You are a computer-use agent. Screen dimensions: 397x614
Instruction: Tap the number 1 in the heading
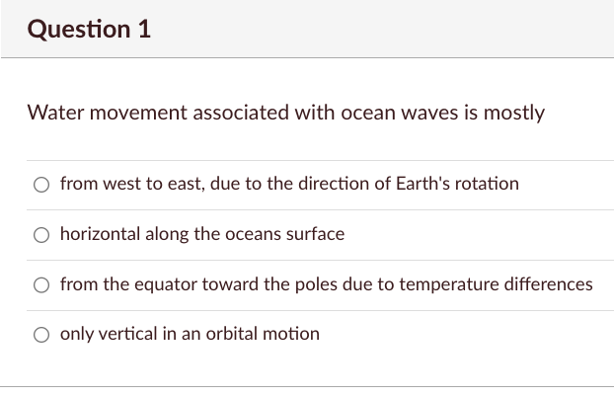144,30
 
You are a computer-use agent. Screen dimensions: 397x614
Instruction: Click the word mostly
512,113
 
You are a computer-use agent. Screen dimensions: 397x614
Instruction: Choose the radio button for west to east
41,185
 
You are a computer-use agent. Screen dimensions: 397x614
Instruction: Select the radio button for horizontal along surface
41,235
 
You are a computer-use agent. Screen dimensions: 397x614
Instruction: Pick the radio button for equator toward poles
41,285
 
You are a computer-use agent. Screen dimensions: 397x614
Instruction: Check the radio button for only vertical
41,335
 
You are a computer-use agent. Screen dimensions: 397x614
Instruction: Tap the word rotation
488,184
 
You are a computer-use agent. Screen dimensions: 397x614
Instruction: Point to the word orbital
229,334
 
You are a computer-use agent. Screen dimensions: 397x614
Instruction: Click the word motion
291,334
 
